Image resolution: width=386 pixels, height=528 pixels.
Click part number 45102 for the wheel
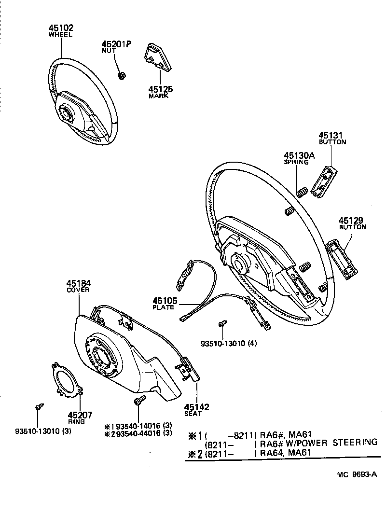pyautogui.click(x=61, y=28)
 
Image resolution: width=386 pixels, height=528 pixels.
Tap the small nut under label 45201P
pyautogui.click(x=122, y=75)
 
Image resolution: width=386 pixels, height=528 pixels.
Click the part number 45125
pyautogui.click(x=160, y=89)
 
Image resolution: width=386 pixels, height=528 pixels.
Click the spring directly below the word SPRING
pyautogui.click(x=301, y=192)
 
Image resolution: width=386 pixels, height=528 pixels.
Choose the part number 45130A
pyautogui.click(x=299, y=155)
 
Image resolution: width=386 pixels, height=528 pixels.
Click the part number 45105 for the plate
pyautogui.click(x=165, y=301)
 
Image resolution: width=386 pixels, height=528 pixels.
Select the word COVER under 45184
pyautogui.click(x=78, y=290)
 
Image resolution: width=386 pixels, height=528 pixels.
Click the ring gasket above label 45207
pyautogui.click(x=67, y=380)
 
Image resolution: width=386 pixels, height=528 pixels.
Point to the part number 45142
pyautogui.click(x=196, y=407)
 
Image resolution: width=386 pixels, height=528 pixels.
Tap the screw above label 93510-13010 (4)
pyautogui.click(x=222, y=324)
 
